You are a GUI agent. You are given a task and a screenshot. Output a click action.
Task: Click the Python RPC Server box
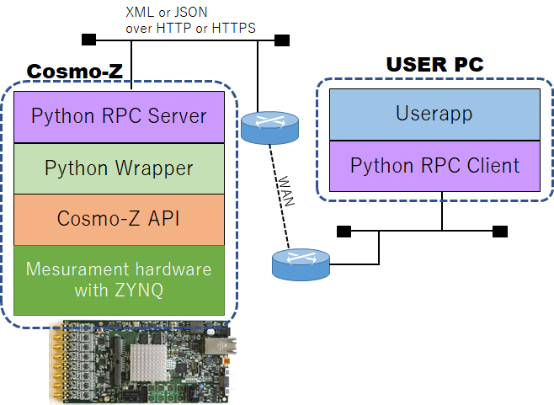(x=119, y=116)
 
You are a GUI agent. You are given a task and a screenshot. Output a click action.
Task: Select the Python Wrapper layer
(x=119, y=168)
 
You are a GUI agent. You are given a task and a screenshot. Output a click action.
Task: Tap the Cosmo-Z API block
(x=119, y=219)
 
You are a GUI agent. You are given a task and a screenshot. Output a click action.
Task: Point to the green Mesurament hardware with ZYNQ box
(x=119, y=280)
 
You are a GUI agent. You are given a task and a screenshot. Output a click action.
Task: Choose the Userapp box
(x=434, y=113)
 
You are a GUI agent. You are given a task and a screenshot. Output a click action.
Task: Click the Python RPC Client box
(x=434, y=165)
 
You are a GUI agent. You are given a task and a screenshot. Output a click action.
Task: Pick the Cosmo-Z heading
(x=75, y=72)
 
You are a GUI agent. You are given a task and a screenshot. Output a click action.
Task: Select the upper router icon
(x=269, y=126)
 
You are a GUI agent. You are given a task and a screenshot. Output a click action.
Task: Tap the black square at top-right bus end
(x=282, y=40)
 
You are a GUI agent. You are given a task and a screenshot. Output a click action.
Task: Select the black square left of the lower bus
(x=343, y=231)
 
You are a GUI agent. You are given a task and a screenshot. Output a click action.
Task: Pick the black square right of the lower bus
(x=500, y=231)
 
